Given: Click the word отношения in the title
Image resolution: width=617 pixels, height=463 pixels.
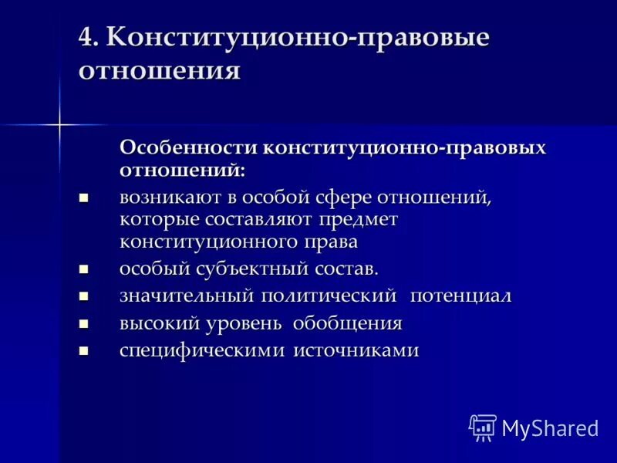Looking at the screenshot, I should pos(159,70).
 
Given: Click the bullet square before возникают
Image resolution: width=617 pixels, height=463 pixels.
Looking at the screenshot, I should pos(85,198).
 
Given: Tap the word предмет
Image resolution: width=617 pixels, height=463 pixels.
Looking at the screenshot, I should pos(358,219).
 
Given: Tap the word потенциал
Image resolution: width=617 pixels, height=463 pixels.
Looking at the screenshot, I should pos(460,296).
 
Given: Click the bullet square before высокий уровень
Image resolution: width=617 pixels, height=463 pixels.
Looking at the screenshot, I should pos(85,324).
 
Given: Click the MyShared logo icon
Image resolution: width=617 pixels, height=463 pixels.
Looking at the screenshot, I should pos(483,427).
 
